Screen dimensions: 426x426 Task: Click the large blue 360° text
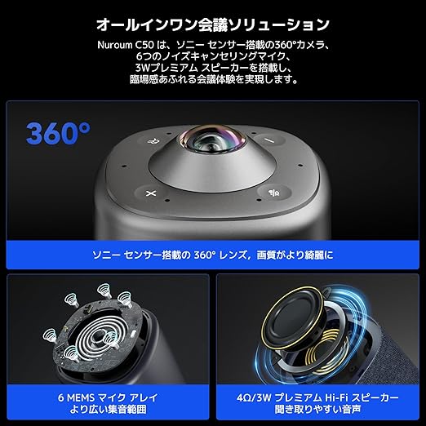pos(58,133)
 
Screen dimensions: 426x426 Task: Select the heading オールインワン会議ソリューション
pos(213,24)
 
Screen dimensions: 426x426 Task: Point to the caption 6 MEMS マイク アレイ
pos(108,397)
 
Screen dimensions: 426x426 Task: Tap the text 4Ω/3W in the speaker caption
pos(254,398)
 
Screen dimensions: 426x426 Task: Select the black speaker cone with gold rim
pos(293,318)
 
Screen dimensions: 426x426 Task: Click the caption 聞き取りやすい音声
pos(317,409)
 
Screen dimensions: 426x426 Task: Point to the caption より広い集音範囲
pos(108,409)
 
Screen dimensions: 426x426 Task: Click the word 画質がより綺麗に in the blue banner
pos(295,255)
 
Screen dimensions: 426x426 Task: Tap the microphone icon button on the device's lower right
pos(274,193)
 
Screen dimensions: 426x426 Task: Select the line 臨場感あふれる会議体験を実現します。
pos(214,79)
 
